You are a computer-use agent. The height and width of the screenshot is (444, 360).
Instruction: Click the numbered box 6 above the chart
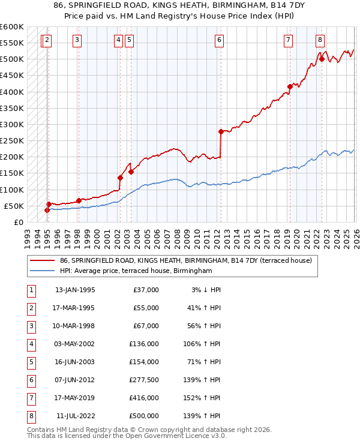tap(220, 40)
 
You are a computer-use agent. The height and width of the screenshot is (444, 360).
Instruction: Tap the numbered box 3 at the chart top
tap(78, 40)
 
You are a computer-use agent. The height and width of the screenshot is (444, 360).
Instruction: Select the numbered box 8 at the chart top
tap(320, 40)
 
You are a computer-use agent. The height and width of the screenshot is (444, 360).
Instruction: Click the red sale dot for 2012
tap(221, 131)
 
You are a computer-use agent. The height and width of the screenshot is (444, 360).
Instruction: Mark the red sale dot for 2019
tap(290, 86)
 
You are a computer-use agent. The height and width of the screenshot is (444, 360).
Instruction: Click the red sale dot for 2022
tap(322, 59)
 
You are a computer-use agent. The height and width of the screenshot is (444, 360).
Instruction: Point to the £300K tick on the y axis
tap(12, 125)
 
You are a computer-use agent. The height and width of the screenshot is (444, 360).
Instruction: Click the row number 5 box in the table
tap(30, 362)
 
